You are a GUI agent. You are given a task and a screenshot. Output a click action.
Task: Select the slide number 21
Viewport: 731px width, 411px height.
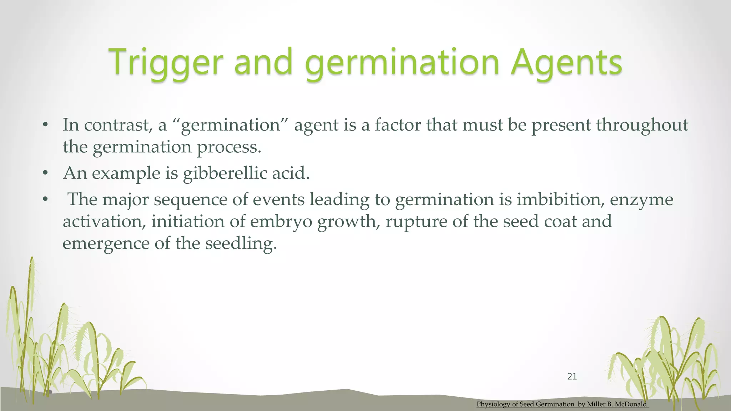[572, 376]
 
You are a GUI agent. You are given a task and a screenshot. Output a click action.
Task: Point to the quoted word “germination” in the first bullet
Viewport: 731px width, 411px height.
[230, 125]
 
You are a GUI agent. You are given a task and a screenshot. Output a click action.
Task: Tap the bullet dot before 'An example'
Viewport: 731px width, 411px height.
[45, 174]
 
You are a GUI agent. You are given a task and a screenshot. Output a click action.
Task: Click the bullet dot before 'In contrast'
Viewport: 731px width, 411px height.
[45, 125]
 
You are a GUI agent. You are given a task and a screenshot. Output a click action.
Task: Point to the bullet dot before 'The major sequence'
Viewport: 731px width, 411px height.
[45, 199]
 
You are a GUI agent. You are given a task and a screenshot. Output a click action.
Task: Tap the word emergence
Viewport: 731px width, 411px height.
[106, 244]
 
